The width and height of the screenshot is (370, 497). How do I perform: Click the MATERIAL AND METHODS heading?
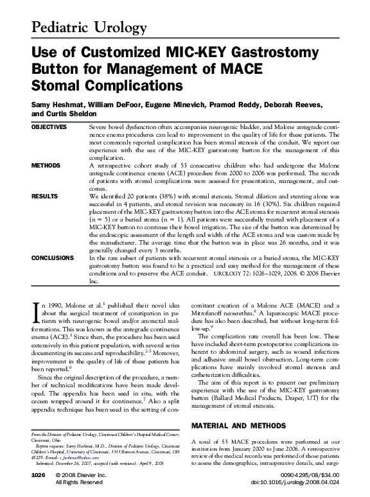[x=236, y=426]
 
